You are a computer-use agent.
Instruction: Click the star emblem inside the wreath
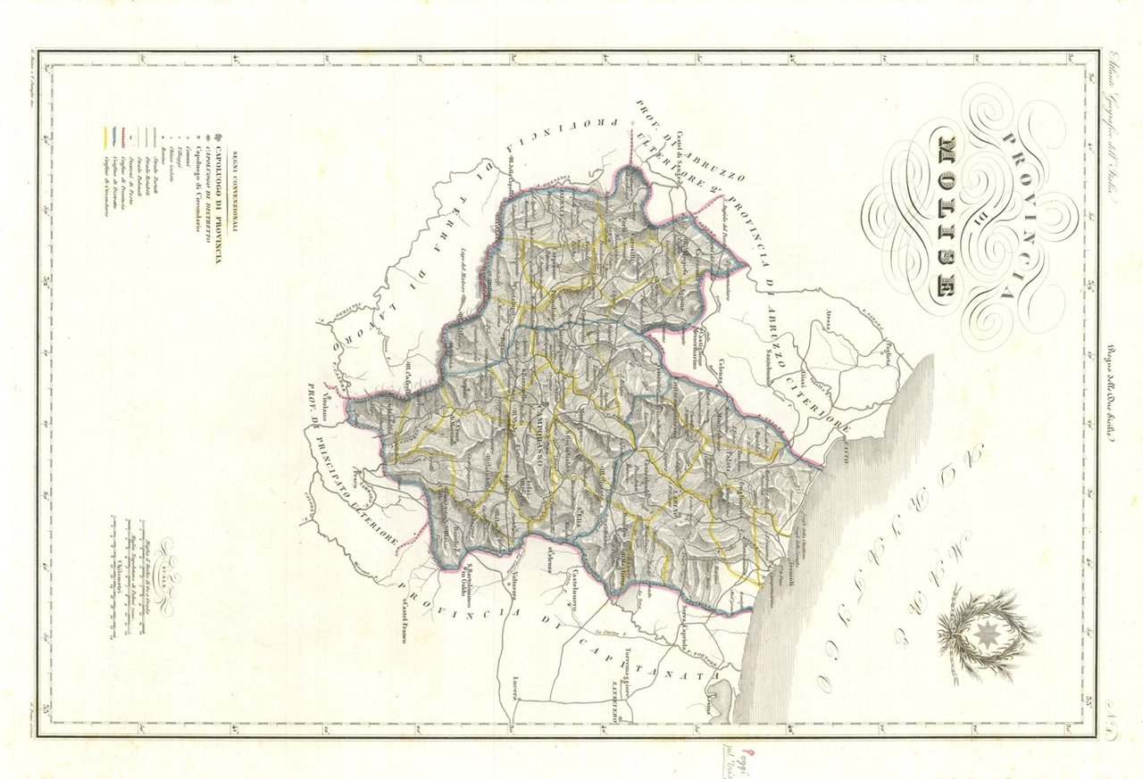[982, 633]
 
